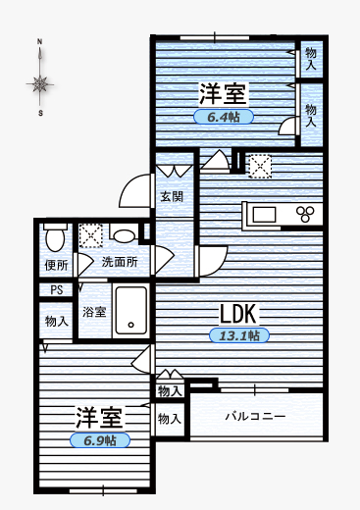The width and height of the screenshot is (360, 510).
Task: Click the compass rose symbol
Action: tap(40, 83)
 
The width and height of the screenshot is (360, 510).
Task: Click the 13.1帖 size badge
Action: tap(238, 335)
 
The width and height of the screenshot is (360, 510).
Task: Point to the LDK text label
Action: tap(237, 314)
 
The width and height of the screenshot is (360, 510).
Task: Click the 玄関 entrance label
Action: tap(172, 196)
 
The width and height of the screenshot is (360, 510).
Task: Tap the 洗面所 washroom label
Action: tap(120, 263)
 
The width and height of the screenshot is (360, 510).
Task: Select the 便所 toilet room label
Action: tap(56, 265)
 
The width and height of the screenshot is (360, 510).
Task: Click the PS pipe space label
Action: tap(56, 290)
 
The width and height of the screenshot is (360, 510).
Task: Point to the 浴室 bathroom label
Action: tap(94, 313)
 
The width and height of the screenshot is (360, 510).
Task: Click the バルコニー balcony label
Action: tap(255, 416)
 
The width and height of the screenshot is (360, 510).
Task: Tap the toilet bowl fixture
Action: tap(55, 236)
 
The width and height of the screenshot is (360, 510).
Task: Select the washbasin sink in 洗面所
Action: tap(124, 235)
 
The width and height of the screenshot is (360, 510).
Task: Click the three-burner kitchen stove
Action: tap(307, 213)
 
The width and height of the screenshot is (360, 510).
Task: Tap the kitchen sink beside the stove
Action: tap(266, 213)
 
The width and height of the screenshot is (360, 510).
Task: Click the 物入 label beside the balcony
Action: tap(170, 419)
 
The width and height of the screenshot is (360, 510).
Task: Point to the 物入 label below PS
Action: tap(56, 321)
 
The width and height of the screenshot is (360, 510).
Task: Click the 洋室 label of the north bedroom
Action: tap(223, 95)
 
